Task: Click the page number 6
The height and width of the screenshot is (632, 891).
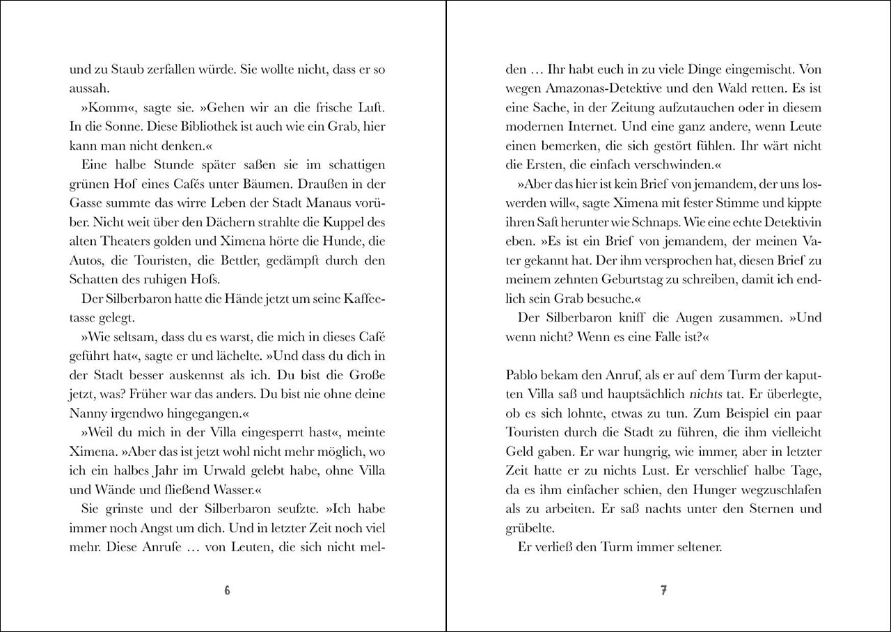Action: click(227, 591)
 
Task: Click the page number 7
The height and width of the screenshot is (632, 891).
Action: click(663, 591)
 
